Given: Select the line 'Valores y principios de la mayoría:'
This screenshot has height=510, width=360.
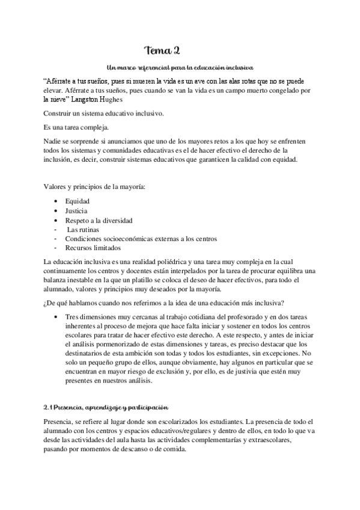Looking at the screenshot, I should [94, 186].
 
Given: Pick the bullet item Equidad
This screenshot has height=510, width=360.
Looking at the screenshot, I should [78, 203].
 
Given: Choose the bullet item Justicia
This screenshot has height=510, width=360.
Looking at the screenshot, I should [77, 212].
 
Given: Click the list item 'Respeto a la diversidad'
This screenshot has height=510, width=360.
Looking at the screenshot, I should [99, 221].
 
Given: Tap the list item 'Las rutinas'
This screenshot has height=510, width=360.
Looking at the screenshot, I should [84, 230].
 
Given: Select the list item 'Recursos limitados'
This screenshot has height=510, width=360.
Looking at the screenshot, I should [93, 248].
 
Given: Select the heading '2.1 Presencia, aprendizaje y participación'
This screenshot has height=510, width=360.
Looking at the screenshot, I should [106, 407].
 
